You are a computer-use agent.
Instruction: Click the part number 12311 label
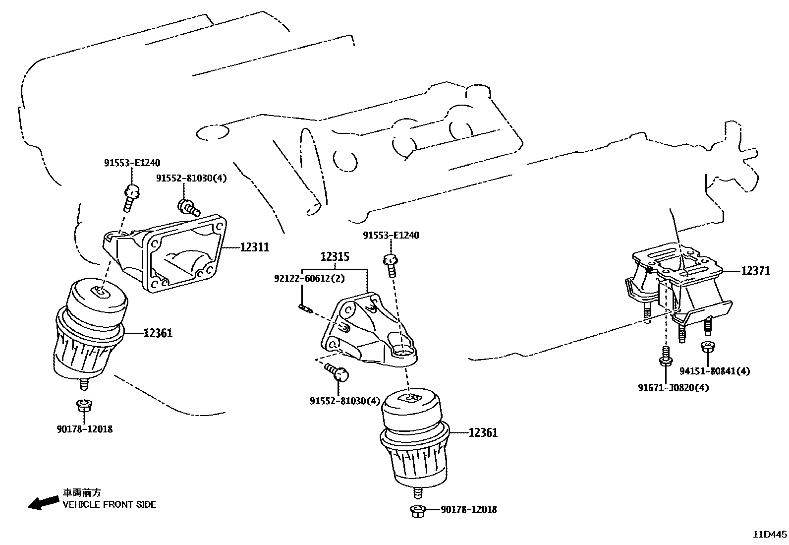pos(255,246)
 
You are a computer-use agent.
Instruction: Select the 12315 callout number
pos(335,257)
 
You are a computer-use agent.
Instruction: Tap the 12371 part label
pos(756,271)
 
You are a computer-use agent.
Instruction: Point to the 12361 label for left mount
pos(158,333)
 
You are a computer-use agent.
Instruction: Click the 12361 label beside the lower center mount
pos(483,432)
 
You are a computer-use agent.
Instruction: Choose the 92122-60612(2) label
pos(309,278)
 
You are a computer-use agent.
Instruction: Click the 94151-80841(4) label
pos(714,371)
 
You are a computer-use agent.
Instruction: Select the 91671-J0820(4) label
pos(673,388)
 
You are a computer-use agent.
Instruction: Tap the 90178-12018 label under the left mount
pos(84,429)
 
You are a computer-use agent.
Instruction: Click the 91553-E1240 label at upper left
pos(132,163)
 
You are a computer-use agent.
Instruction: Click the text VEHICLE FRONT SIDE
pos(109,505)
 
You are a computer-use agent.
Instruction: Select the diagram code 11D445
pos(770,535)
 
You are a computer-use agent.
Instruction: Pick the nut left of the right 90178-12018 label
pos(417,510)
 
